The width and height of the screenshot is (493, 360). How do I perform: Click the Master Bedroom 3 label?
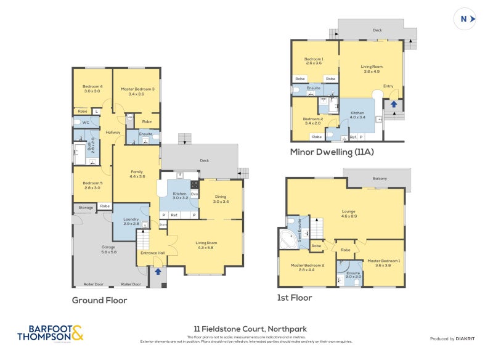(132, 91)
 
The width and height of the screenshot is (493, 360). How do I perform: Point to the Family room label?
(136, 174)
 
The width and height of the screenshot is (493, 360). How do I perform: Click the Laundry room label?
(131, 221)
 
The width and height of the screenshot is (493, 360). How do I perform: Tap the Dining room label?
(221, 198)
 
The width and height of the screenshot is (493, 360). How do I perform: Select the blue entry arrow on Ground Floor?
(158, 271)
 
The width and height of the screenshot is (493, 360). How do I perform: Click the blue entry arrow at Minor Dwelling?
(393, 104)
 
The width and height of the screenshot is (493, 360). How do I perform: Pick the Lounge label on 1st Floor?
(349, 214)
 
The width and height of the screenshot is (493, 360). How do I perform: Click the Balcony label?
(380, 179)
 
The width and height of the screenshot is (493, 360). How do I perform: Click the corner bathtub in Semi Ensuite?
(288, 240)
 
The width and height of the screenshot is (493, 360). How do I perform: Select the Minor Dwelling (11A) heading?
(333, 151)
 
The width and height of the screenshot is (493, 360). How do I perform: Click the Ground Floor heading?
(99, 300)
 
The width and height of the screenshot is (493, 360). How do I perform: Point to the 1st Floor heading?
(295, 297)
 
